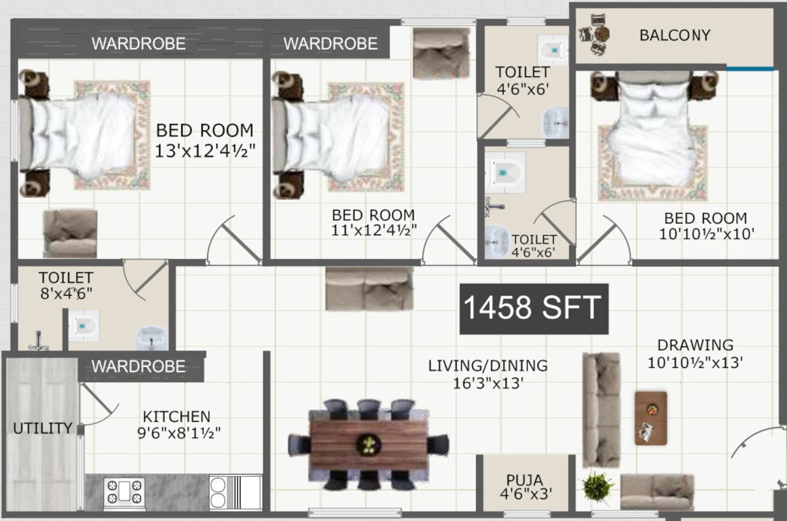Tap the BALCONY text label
pyautogui.click(x=674, y=35)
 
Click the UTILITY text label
pyautogui.click(x=42, y=428)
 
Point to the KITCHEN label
pyautogui.click(x=176, y=417)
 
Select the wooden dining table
pyautogui.click(x=369, y=445)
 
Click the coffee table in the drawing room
pyautogui.click(x=651, y=418)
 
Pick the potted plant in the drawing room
pyautogui.click(x=598, y=487)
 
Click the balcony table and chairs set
pyautogui.click(x=594, y=34)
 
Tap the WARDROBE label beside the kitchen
pyautogui.click(x=138, y=366)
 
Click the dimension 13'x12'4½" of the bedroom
pyautogui.click(x=204, y=151)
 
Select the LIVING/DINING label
pyautogui.click(x=488, y=366)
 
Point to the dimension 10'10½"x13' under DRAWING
pyautogui.click(x=695, y=363)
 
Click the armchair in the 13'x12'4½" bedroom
pyautogui.click(x=70, y=233)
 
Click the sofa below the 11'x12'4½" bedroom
pyautogui.click(x=369, y=288)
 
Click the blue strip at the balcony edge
pyautogui.click(x=750, y=69)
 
